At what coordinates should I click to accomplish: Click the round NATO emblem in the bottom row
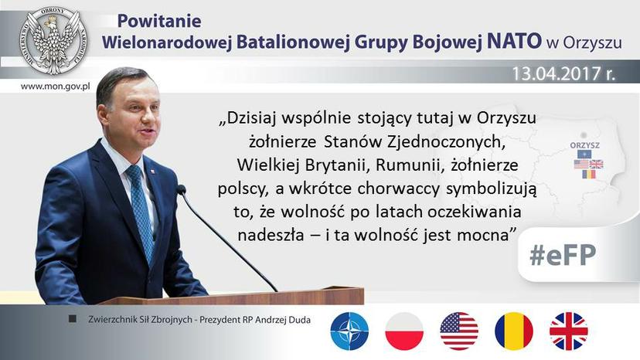tap(349, 331)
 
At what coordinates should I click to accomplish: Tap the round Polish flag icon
tap(404, 331)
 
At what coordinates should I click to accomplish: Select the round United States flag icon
tap(459, 331)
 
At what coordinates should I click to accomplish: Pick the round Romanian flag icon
tap(514, 331)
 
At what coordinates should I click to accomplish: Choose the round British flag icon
tap(569, 331)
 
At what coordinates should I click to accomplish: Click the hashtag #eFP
tap(563, 255)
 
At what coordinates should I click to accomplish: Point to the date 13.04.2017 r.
tap(563, 74)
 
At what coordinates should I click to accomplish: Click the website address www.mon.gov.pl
tap(55, 87)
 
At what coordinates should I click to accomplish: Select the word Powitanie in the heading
tap(159, 21)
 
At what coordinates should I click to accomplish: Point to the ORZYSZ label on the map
tap(584, 145)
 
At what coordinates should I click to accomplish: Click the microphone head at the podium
tap(181, 189)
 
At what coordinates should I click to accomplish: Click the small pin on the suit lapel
tap(153, 171)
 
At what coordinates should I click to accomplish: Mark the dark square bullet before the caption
tap(73, 319)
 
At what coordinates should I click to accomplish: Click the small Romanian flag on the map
tap(588, 175)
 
